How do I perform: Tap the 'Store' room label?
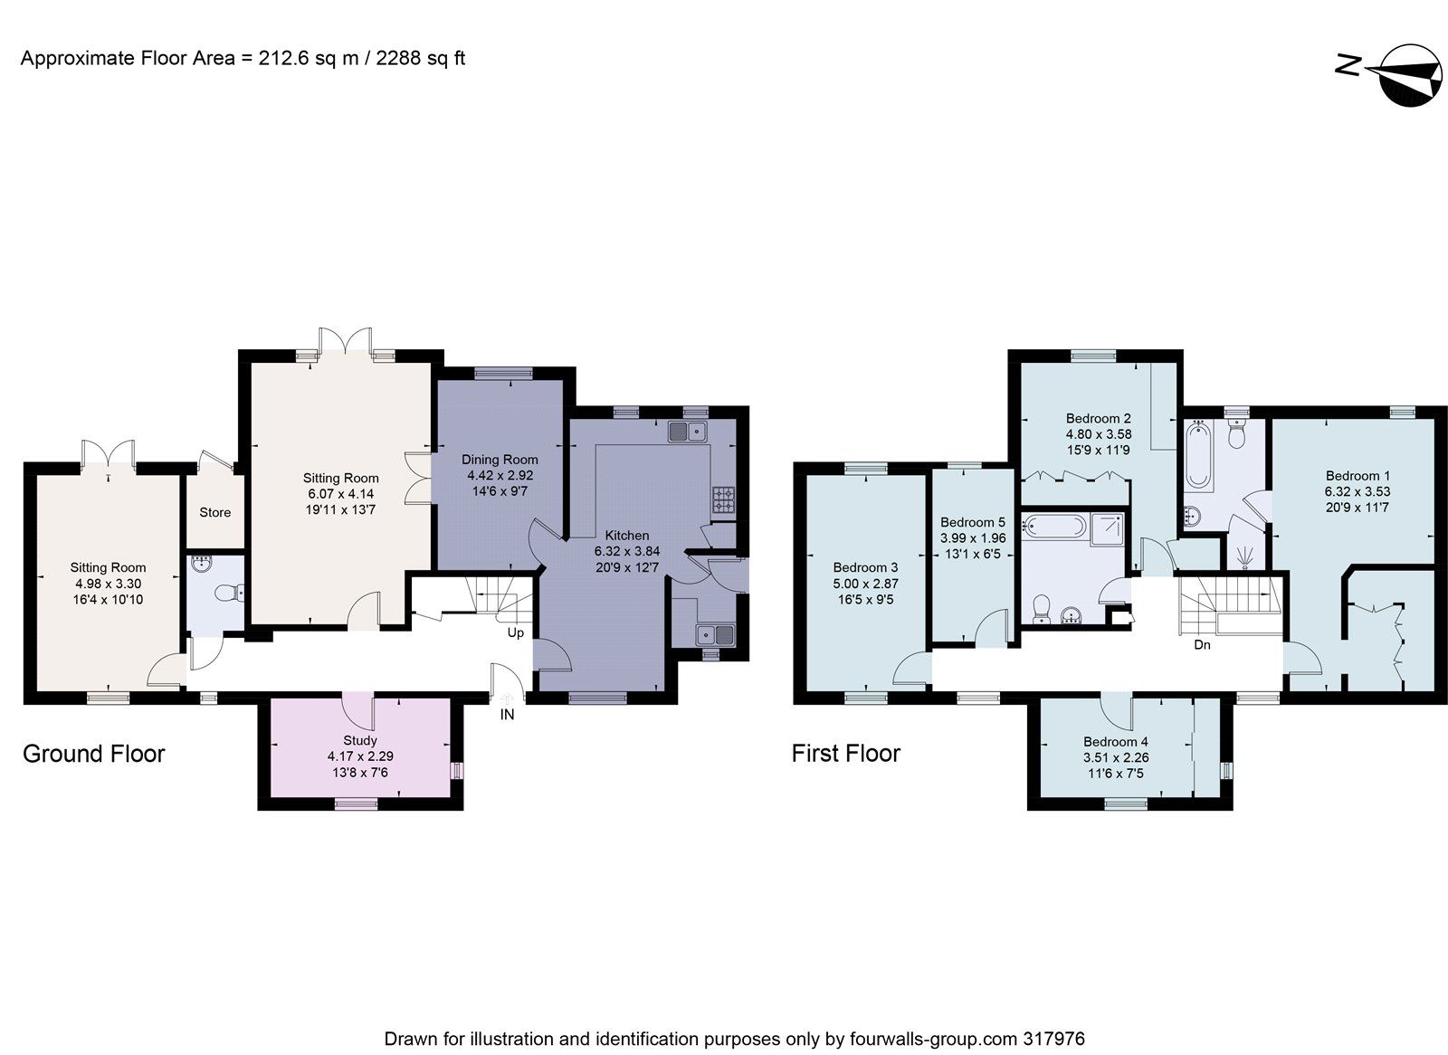(x=214, y=512)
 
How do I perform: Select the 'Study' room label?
(x=359, y=740)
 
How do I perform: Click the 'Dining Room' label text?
(x=500, y=460)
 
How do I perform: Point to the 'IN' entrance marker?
(x=507, y=715)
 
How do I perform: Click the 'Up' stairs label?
(x=515, y=632)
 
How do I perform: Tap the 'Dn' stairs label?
(x=1202, y=645)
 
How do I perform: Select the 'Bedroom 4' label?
(x=1115, y=742)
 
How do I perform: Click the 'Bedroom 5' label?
(x=972, y=522)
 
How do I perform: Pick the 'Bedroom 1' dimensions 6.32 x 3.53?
(x=1357, y=491)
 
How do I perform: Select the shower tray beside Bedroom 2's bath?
(x=1110, y=530)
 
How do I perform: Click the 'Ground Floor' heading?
(x=93, y=754)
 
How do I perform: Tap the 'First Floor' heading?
(x=845, y=754)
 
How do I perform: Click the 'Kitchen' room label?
(x=626, y=536)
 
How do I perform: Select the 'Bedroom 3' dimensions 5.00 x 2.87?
(x=865, y=584)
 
